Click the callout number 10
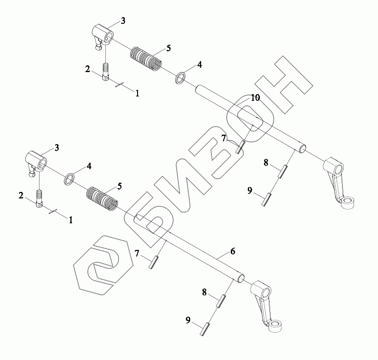[x=256, y=97]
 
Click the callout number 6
[x=233, y=251]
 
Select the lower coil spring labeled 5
[x=102, y=198]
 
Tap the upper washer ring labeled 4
[x=180, y=77]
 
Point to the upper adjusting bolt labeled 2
[x=106, y=71]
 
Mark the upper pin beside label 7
[x=239, y=147]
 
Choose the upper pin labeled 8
[x=284, y=171]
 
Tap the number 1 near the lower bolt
[x=71, y=220]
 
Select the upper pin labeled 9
[x=267, y=200]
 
